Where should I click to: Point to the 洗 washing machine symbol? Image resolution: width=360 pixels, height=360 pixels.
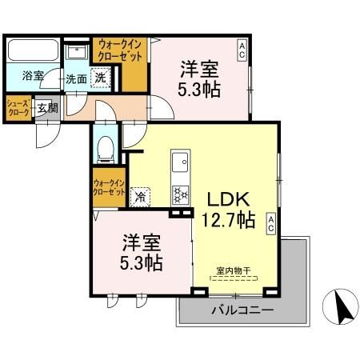click(x=101, y=78)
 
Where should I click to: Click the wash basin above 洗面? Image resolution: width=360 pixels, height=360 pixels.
click(x=77, y=50)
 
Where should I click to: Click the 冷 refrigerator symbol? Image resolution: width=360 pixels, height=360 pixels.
click(x=142, y=194)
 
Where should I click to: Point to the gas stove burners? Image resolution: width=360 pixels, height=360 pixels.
click(x=180, y=194)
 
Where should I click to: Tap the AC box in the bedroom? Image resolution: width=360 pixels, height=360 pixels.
click(x=241, y=49)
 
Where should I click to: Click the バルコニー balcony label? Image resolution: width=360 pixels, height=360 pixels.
click(x=242, y=310)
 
